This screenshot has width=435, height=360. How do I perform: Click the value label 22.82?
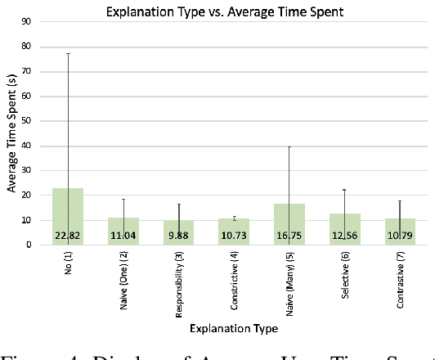(68, 237)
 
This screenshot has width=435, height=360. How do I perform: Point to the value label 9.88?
(178, 237)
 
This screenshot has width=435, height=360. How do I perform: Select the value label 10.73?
(234, 237)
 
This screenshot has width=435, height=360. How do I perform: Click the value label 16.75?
(289, 237)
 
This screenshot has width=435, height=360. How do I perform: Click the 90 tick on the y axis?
(30, 22)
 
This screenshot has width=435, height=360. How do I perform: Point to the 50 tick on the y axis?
(30, 121)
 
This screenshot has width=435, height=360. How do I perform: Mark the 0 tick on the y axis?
(33, 245)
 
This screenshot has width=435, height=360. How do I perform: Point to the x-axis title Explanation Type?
(233, 328)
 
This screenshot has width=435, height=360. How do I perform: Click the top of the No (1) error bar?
(68, 54)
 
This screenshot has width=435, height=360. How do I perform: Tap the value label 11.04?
(123, 237)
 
